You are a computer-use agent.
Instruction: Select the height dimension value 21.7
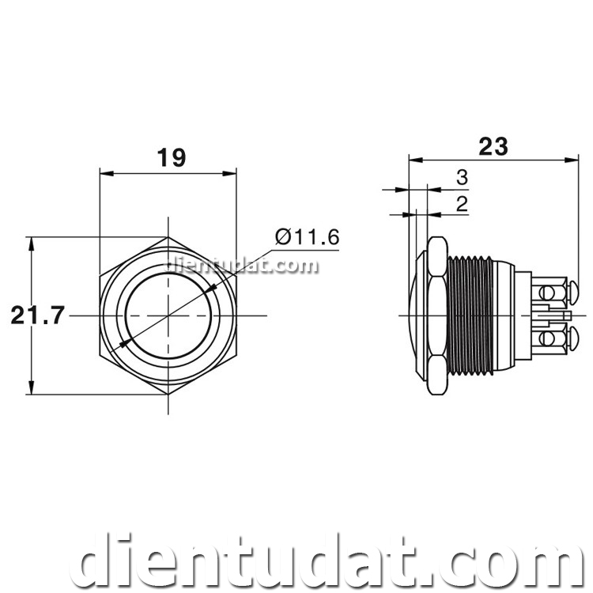[37, 315]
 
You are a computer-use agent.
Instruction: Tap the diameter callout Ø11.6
[307, 236]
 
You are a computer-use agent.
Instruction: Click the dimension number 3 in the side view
[463, 178]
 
